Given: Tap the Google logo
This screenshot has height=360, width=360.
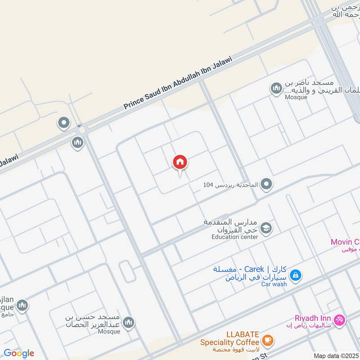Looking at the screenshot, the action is (x=19, y=353).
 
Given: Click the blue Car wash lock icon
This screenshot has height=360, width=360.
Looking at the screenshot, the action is (x=295, y=274).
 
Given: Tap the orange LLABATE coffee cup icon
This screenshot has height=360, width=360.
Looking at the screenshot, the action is (x=267, y=340).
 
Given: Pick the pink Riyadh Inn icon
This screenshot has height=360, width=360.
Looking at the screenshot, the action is (x=340, y=320).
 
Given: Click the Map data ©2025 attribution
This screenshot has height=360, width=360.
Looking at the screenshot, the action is (x=336, y=356).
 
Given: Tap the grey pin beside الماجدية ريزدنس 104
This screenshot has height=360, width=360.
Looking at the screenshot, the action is (x=266, y=184).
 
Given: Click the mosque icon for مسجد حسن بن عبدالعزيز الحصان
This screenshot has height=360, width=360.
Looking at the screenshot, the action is (x=129, y=322).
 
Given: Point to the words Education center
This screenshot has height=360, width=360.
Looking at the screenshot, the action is (x=235, y=237).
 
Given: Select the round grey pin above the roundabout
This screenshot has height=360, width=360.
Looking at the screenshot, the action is (x=64, y=122).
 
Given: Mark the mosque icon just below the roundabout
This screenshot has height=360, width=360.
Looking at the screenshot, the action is (x=77, y=143).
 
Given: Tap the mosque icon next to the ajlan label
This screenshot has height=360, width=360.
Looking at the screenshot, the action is (x=22, y=306).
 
